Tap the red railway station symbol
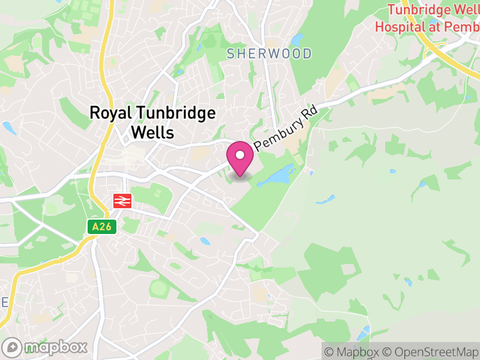click(x=122, y=200)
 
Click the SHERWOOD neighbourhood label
click(x=269, y=54)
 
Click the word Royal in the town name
click(x=112, y=113)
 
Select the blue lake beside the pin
click(x=277, y=176)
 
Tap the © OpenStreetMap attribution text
click(x=429, y=351)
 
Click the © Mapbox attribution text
click(x=352, y=351)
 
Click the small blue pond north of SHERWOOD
click(x=296, y=40)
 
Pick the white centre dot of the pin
click(x=240, y=155)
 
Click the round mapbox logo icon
click(x=12, y=347)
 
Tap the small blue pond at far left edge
click(x=8, y=128)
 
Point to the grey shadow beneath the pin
click(x=240, y=176)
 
